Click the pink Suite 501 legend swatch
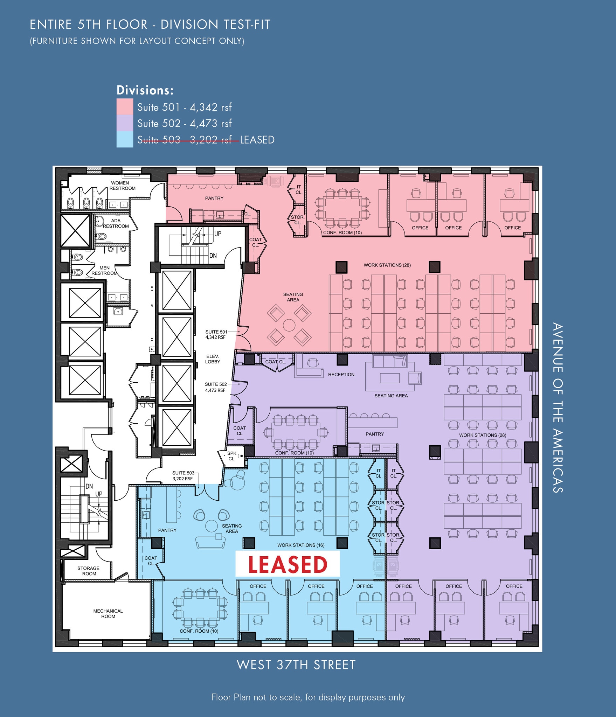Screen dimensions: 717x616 [125, 106]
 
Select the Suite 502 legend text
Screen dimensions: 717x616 [184, 123]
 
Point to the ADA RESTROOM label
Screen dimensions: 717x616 [116, 223]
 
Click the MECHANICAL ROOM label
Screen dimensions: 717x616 [108, 613]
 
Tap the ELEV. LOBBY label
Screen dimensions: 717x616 [213, 359]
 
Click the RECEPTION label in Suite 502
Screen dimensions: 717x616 [341, 375]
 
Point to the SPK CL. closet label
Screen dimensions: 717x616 [232, 456]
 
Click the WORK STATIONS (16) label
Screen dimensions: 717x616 [301, 545]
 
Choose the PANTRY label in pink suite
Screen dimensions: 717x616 [214, 198]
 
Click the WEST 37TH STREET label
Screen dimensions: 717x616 [296, 665]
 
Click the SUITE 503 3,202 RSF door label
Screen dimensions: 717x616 [183, 475]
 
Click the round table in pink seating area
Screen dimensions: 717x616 [289, 325]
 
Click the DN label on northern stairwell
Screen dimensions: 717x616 [213, 256]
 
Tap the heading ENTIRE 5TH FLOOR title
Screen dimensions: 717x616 [150, 25]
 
